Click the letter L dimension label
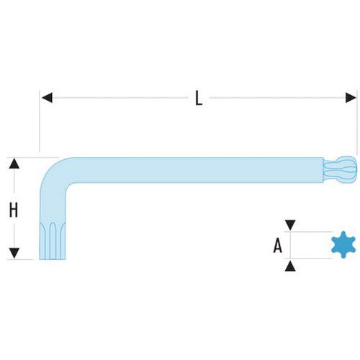click(x=199, y=98)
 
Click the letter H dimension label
click(x=14, y=210)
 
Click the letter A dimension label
click(x=278, y=246)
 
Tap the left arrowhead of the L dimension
click(x=47, y=98)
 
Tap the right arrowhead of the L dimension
click(x=351, y=98)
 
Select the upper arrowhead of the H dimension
click(x=14, y=163)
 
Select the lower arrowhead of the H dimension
click(x=14, y=253)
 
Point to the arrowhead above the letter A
click(x=290, y=225)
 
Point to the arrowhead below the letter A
click(x=290, y=266)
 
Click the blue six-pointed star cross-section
click(x=343, y=245)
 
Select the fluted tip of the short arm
click(x=53, y=240)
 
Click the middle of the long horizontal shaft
click(x=192, y=170)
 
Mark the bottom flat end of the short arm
click(x=53, y=259)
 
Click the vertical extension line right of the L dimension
click(x=357, y=122)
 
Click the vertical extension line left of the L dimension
click(x=40, y=121)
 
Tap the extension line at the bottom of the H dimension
click(x=20, y=259)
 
